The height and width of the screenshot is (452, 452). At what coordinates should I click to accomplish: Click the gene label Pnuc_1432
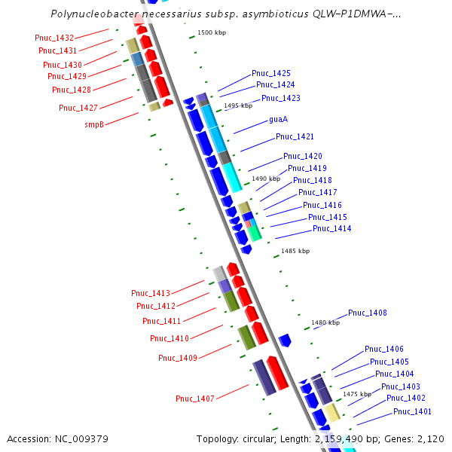[54, 38]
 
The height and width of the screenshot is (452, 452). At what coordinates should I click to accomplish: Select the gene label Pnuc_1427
[78, 108]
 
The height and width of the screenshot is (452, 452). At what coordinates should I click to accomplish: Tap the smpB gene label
[94, 124]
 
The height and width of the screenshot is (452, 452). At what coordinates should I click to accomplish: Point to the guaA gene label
[279, 120]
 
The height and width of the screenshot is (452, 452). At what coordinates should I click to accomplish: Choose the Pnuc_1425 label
[271, 73]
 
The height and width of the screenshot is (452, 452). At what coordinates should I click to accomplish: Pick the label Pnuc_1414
[331, 228]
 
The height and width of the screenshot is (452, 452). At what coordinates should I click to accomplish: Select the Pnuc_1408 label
[368, 313]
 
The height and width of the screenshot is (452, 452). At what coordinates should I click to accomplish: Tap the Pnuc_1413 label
[151, 293]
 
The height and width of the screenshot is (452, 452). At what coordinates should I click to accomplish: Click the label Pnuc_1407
[195, 399]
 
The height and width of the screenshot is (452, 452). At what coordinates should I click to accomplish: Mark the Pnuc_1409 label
[178, 358]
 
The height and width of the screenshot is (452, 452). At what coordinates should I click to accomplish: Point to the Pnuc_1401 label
[412, 411]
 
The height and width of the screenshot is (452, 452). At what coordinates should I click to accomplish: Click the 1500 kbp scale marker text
[211, 33]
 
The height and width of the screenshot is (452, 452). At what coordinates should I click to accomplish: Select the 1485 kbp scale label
[295, 251]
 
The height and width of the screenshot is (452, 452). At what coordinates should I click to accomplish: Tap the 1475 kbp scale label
[356, 394]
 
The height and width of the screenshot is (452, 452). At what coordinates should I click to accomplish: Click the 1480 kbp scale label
[325, 322]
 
